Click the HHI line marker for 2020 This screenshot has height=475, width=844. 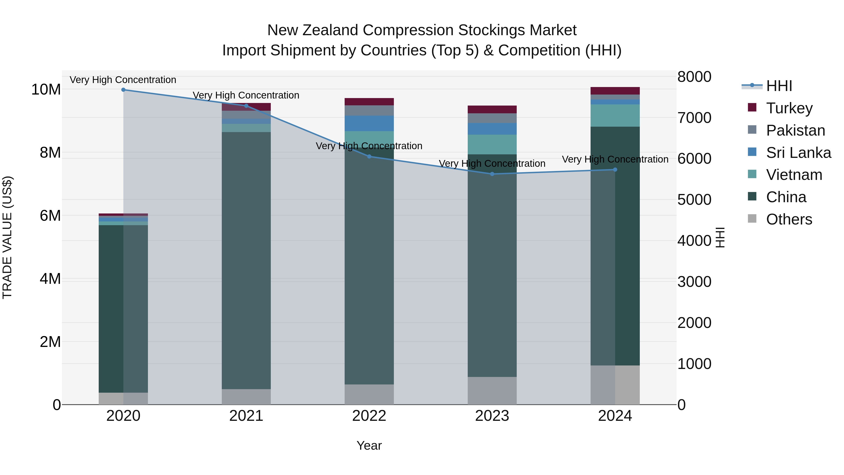pos(123,90)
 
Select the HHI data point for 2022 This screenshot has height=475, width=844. pos(369,157)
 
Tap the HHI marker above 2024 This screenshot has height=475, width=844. pos(615,170)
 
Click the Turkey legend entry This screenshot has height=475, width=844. pos(789,108)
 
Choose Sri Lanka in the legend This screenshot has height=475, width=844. pos(798,153)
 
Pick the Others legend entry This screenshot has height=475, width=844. pos(789,219)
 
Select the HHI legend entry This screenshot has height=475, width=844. pos(779,86)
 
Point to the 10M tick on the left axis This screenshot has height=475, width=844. pos(46,90)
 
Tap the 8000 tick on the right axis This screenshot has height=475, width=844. pos(694,77)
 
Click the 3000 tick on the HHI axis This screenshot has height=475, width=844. pos(694,282)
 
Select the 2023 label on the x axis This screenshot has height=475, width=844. pos(492,416)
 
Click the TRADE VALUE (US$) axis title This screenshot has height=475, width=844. pos(7,237)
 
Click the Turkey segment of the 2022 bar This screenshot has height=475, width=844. pos(369,102)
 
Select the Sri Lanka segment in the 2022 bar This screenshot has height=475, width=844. pos(369,124)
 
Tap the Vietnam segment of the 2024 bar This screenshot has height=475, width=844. pos(615,115)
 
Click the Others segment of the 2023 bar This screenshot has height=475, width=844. pos(492,391)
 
